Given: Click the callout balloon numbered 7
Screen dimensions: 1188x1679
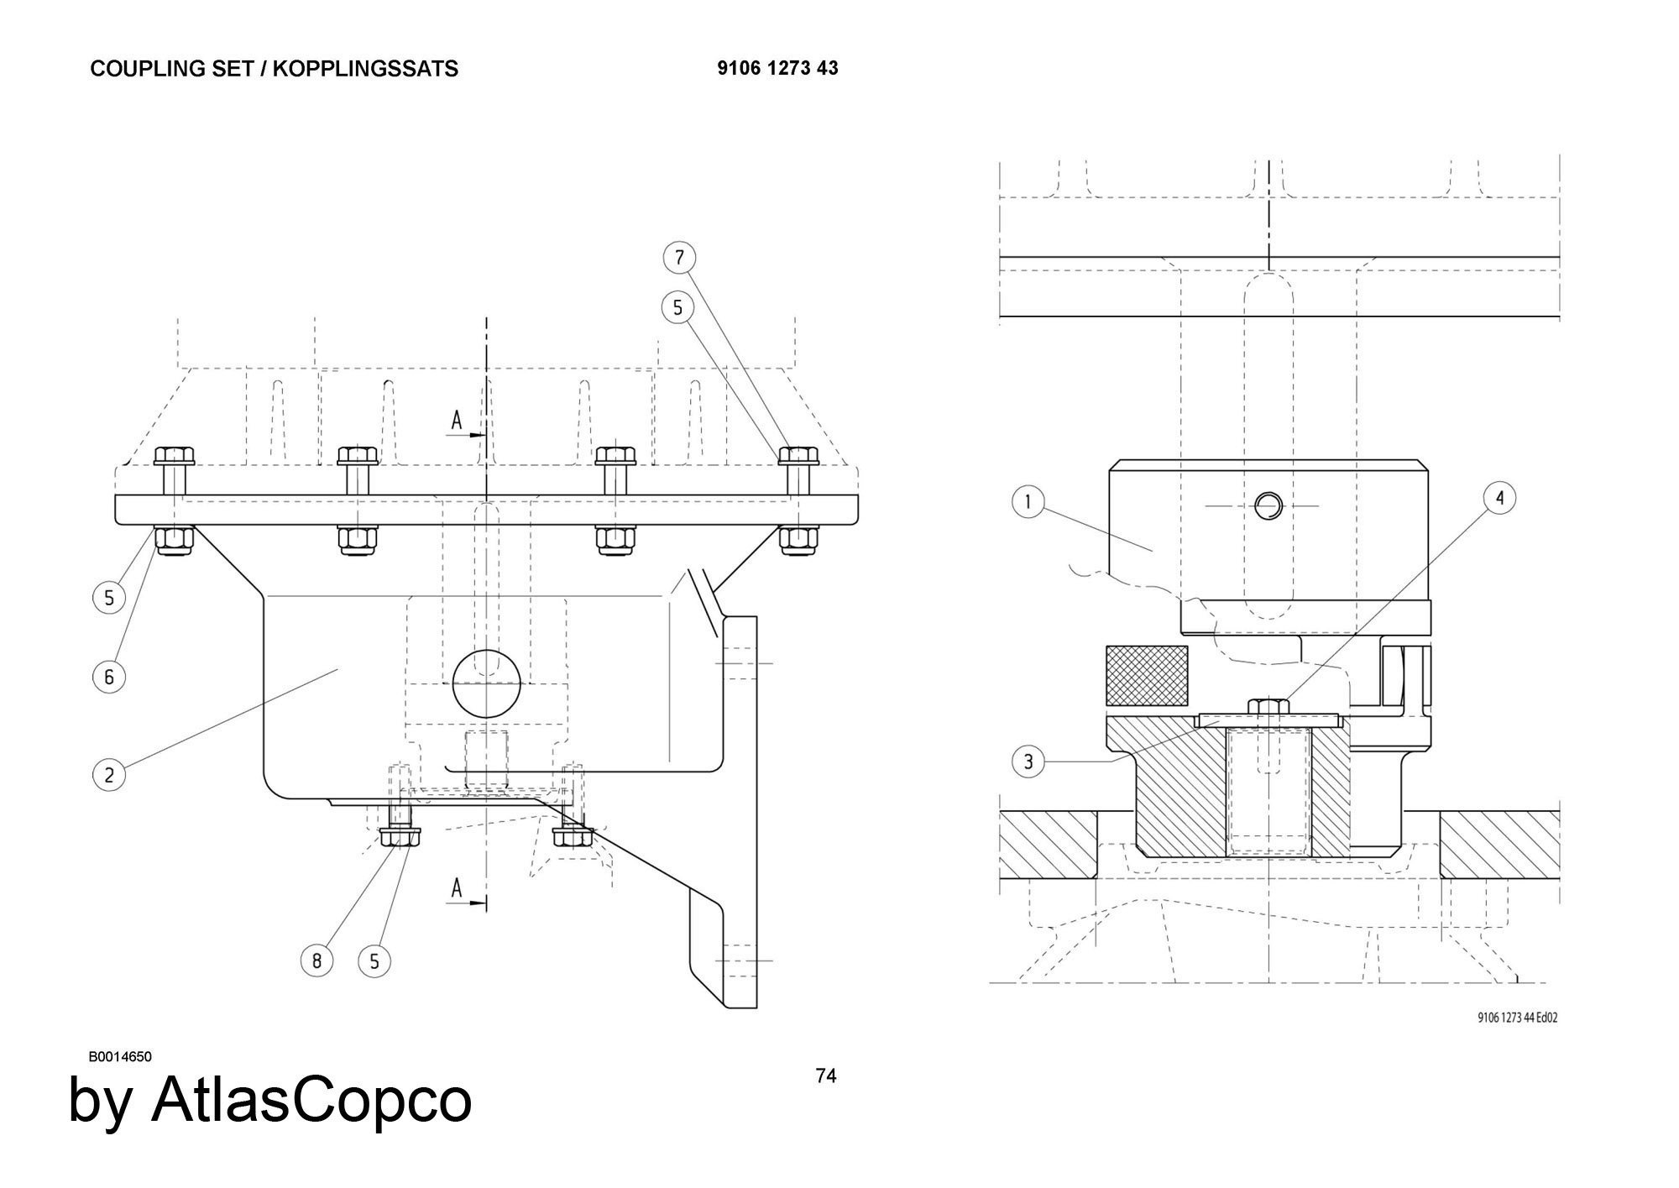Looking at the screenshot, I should (x=679, y=257).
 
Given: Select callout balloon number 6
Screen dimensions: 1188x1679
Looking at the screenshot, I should (x=108, y=677).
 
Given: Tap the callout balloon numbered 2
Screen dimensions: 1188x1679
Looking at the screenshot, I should (x=108, y=774).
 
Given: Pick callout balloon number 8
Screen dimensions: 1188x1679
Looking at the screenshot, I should (x=316, y=960).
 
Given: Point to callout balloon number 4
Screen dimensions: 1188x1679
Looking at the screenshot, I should (x=1499, y=498).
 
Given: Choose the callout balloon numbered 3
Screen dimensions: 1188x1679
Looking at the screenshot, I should (x=1028, y=762).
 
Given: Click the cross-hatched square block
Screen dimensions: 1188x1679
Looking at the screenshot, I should (x=1147, y=675).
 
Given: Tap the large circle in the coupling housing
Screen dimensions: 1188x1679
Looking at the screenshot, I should (x=487, y=683).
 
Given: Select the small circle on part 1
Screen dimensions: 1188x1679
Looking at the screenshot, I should (x=1268, y=505).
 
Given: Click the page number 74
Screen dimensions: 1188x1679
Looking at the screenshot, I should (x=826, y=1075).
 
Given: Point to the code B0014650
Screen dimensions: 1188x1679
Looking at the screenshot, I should (x=120, y=1056).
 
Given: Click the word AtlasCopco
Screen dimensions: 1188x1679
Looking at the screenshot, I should (x=311, y=1100).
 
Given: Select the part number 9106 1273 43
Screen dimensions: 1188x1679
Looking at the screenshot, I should (x=777, y=68).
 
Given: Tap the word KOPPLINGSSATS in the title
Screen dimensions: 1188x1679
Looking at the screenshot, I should (x=365, y=69).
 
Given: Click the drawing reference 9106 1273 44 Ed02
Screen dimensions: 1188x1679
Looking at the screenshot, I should (x=1517, y=1018).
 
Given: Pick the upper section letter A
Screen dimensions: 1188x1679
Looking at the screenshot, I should (x=457, y=420).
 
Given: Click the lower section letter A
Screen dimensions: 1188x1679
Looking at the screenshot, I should (x=457, y=887).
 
